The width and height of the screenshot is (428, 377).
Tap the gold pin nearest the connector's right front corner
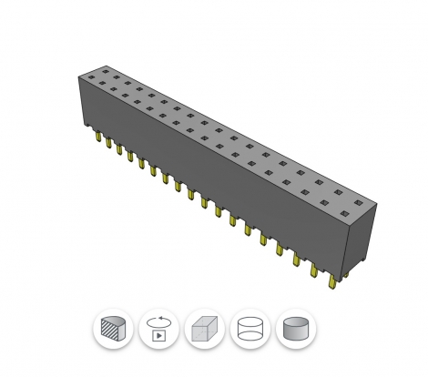[x=332, y=280]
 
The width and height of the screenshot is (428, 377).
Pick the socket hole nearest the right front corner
[x=345, y=212]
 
